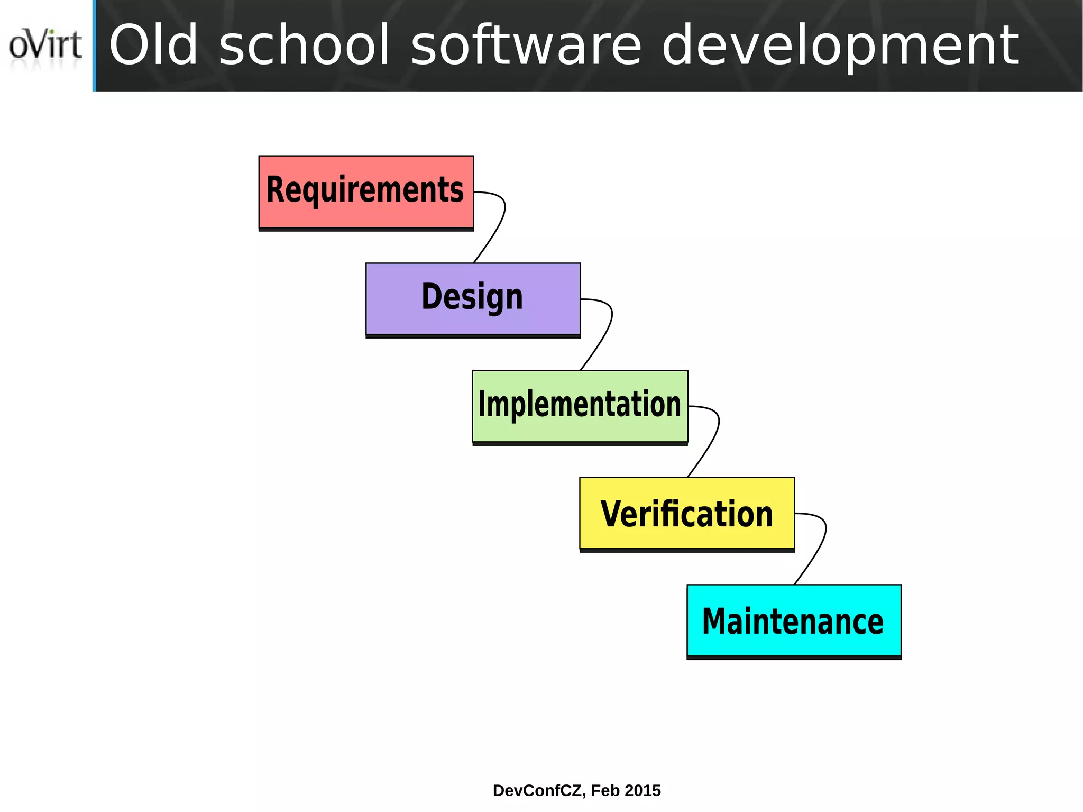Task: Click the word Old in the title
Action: pos(153,46)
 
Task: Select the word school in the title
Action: pos(305,46)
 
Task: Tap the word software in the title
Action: pos(526,46)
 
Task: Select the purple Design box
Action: pos(473,299)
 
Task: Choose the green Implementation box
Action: pos(580,406)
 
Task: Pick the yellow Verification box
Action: pos(686,514)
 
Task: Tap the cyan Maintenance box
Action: pos(793,621)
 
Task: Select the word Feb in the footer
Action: pos(605,790)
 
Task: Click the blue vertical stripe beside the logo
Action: pos(94,45)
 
